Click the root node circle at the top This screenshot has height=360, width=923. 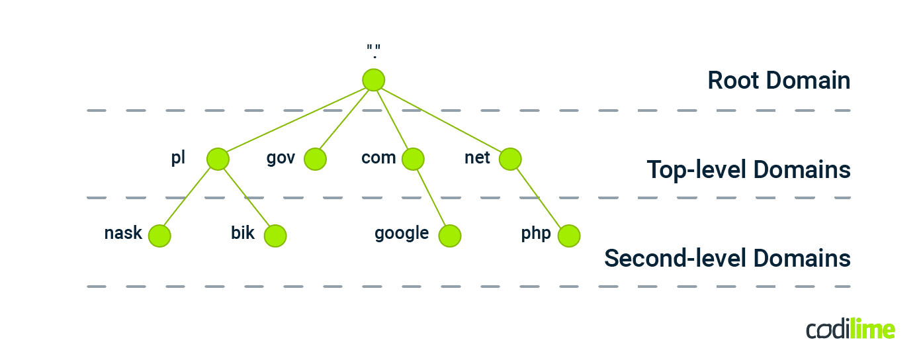[x=374, y=80]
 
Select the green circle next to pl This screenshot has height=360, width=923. [x=218, y=159]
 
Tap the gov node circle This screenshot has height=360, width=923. [x=316, y=159]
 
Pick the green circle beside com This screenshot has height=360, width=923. [x=413, y=159]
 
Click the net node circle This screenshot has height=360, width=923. [x=510, y=159]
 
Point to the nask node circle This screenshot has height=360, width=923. [x=159, y=236]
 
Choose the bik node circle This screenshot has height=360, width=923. [x=275, y=236]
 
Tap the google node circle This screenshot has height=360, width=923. [x=450, y=236]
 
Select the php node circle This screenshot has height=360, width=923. [x=569, y=236]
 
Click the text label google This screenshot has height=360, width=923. [x=402, y=234]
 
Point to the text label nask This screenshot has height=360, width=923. [x=123, y=233]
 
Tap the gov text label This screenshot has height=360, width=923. [x=281, y=158]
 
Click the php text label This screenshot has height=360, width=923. [x=536, y=234]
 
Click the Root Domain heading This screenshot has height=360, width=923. [x=779, y=81]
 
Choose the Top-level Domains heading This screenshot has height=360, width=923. [x=748, y=169]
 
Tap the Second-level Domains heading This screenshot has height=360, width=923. [x=727, y=258]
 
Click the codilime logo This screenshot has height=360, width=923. [x=850, y=329]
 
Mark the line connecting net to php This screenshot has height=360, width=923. [x=539, y=197]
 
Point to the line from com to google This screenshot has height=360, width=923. [x=431, y=197]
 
